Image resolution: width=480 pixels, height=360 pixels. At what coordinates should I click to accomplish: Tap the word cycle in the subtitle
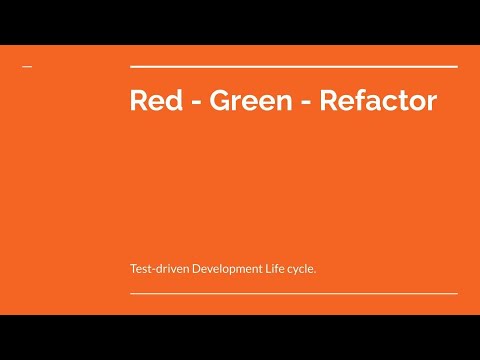click(x=302, y=269)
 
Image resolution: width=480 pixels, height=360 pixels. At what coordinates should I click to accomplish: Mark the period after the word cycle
click(x=316, y=272)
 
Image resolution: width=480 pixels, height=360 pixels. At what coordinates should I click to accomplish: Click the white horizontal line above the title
click(x=294, y=66)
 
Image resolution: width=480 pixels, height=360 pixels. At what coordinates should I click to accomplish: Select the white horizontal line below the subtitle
click(x=294, y=294)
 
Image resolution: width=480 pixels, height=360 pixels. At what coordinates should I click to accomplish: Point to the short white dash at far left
click(x=27, y=67)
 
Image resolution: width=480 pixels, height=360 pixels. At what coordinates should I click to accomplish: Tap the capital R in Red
click(x=139, y=101)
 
